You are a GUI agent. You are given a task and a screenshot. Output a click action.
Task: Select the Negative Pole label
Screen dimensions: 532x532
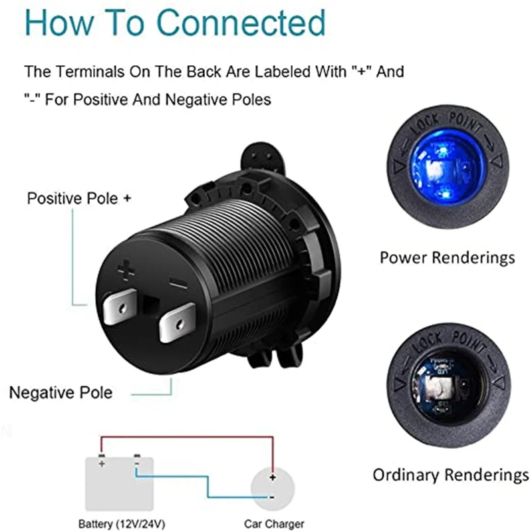(x=61, y=392)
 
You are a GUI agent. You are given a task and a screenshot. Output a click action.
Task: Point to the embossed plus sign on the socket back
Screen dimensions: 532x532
(x=126, y=270)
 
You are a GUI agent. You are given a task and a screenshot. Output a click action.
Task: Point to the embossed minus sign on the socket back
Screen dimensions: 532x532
(x=179, y=285)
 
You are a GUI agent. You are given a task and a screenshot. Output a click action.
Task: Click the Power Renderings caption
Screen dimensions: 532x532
(x=447, y=257)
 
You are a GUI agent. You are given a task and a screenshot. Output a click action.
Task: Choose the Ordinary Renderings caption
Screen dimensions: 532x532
(x=450, y=475)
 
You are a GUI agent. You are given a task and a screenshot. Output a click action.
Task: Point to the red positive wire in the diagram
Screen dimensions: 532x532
(x=186, y=436)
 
